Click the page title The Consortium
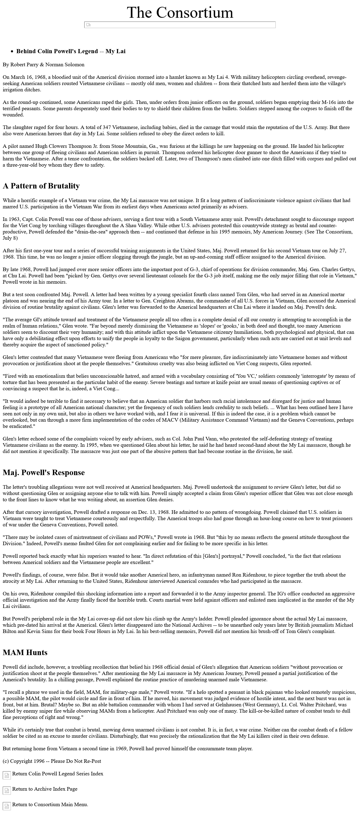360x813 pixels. (180, 12)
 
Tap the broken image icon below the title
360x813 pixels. (88, 25)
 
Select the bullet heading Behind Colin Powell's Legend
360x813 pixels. (71, 51)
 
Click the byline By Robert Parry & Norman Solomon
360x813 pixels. (44, 65)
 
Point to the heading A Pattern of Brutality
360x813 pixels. (41, 186)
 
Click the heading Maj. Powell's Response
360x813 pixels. (44, 472)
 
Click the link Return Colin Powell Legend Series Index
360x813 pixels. (58, 773)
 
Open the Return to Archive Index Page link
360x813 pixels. (44, 789)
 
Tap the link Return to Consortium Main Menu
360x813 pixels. (50, 804)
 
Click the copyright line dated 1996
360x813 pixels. (52, 761)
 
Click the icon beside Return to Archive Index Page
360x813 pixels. (7, 790)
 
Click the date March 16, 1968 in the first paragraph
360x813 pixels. (28, 77)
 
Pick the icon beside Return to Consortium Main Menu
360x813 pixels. (7, 806)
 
